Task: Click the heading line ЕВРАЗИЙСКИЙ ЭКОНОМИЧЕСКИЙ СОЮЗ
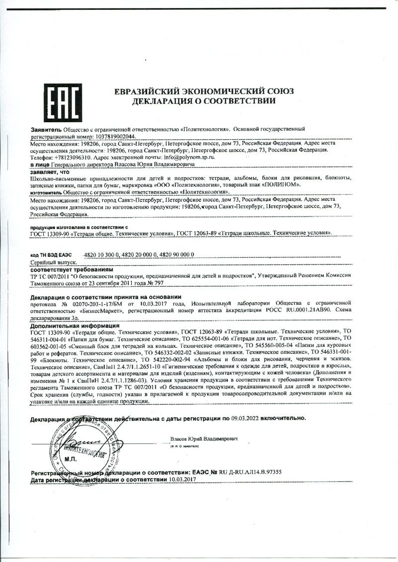click(204, 91)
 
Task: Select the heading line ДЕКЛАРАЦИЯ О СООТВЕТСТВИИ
click(204, 101)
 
